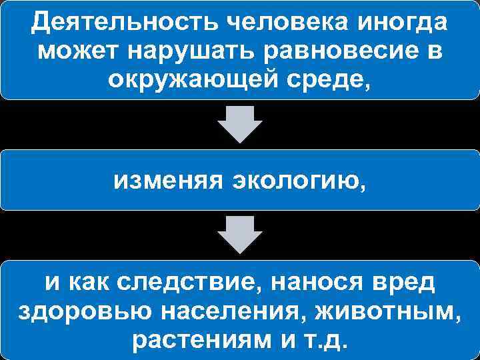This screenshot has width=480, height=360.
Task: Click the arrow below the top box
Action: tap(241, 124)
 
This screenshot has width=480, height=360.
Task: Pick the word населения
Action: tap(221, 311)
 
